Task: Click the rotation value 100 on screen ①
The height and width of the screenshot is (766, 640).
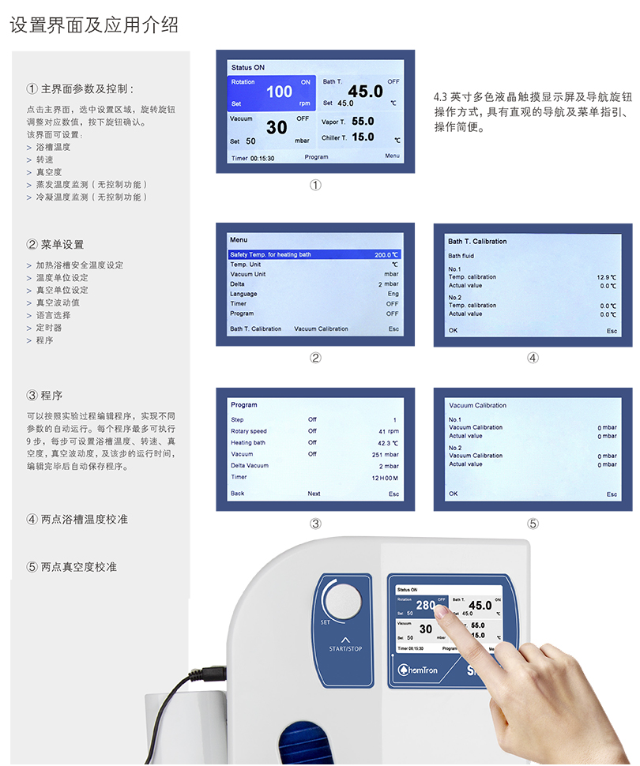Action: [279, 92]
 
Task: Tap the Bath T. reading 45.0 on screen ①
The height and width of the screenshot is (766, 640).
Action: [365, 92]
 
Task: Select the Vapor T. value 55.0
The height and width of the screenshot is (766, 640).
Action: [363, 121]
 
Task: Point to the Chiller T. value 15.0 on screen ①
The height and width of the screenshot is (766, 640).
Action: [363, 137]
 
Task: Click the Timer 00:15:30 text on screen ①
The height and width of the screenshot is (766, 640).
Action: [253, 158]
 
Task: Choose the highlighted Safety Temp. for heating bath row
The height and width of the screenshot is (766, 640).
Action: [314, 254]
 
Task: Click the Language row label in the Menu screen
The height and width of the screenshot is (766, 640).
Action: [243, 294]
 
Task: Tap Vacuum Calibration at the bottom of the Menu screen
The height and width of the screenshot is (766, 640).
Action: [322, 329]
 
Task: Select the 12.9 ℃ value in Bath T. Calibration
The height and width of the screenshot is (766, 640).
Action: [606, 277]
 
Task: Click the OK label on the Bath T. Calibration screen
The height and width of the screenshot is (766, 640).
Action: [454, 331]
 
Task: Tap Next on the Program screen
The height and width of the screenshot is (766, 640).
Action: [314, 494]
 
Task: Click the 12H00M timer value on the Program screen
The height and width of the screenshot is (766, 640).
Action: [385, 479]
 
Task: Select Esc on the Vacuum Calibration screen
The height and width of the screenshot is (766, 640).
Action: [612, 494]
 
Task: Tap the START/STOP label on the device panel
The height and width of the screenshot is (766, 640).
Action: [345, 649]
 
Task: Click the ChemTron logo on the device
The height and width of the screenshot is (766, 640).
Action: [417, 670]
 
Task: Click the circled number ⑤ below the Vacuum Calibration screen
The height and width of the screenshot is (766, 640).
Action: [533, 524]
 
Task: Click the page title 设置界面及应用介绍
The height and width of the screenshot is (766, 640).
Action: [94, 25]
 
